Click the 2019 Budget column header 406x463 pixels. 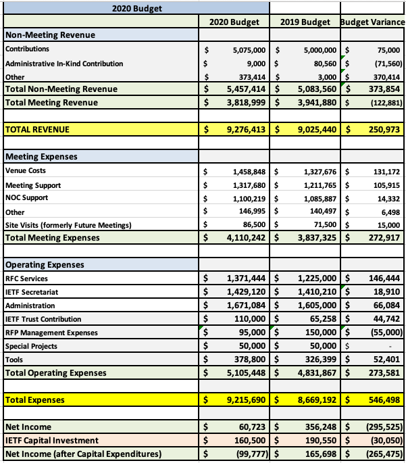coord(305,22)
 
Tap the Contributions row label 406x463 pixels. coord(27,49)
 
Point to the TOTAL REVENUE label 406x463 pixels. coord(37,128)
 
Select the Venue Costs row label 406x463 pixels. coord(26,171)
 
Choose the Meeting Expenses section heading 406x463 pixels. coord(41,157)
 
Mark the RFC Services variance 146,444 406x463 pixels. coord(382,278)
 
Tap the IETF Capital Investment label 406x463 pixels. coord(51,440)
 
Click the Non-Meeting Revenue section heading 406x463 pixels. coord(50,35)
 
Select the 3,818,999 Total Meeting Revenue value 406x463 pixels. coord(241,103)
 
